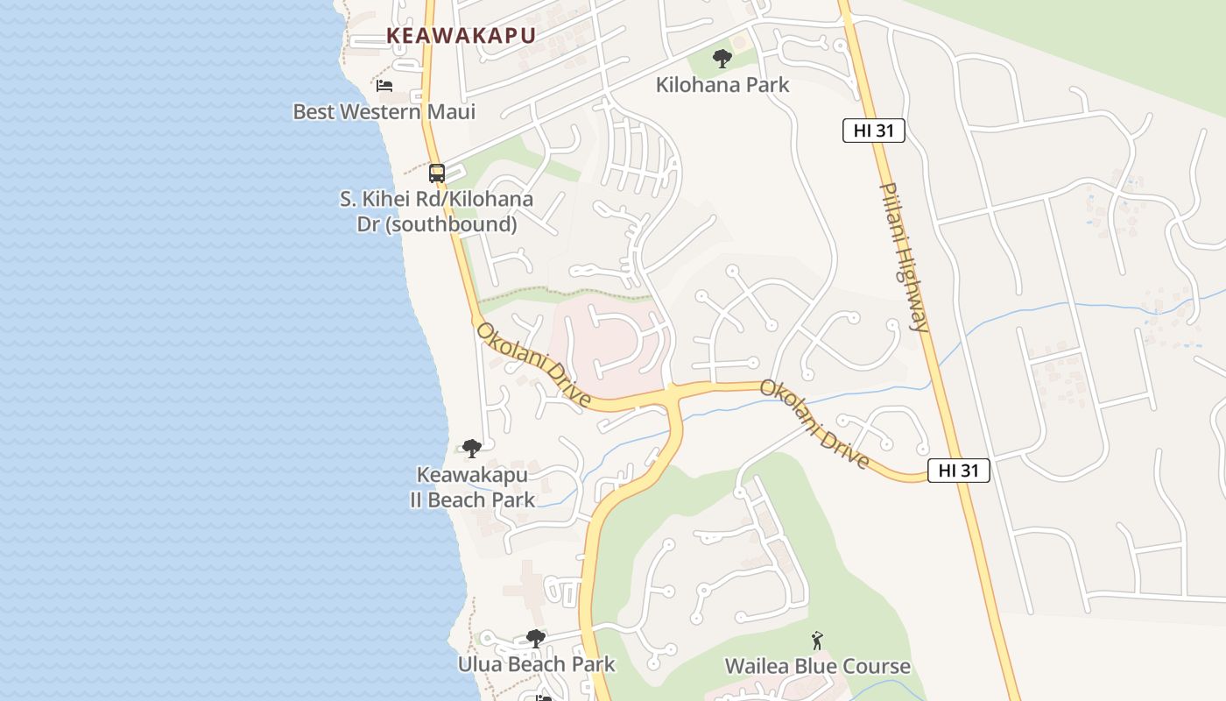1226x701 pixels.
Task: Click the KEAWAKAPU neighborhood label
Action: click(461, 35)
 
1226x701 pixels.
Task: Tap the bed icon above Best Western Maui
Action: click(384, 86)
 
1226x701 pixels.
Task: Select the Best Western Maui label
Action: click(384, 112)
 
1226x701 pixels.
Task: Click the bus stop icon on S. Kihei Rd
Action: click(437, 173)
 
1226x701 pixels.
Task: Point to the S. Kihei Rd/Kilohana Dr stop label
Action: click(436, 211)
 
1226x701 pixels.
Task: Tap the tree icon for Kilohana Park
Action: click(722, 59)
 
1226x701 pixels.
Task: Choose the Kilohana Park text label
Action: click(722, 85)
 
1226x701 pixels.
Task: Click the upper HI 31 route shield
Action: click(873, 131)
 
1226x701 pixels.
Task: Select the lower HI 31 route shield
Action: click(958, 471)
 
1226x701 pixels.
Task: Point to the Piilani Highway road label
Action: click(905, 257)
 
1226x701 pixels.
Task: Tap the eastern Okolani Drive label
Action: click(814, 424)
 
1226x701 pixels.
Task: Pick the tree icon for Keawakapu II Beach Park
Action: click(472, 449)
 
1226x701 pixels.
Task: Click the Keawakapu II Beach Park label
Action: click(472, 487)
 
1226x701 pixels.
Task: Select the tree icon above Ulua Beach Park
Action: click(536, 639)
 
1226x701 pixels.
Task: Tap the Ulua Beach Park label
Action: click(536, 664)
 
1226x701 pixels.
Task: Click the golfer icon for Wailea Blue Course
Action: click(817, 641)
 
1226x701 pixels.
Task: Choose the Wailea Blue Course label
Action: click(817, 666)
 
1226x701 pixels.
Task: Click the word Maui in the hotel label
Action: click(450, 112)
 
